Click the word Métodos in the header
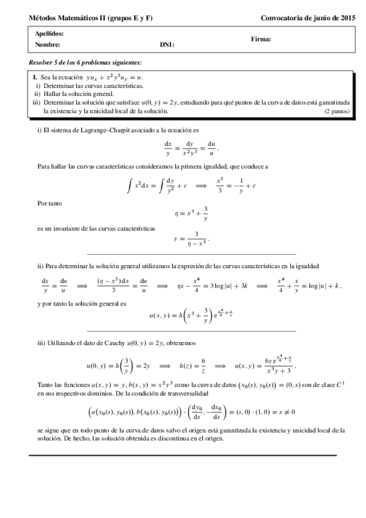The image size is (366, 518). click(x=42, y=18)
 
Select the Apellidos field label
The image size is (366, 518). click(x=49, y=34)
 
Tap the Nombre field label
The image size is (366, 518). click(x=48, y=45)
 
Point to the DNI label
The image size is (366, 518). click(x=167, y=45)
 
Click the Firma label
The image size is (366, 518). click(x=261, y=39)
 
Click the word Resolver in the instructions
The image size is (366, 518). click(x=42, y=63)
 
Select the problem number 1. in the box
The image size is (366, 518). click(x=35, y=78)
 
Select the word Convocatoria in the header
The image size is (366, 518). click(x=285, y=18)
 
